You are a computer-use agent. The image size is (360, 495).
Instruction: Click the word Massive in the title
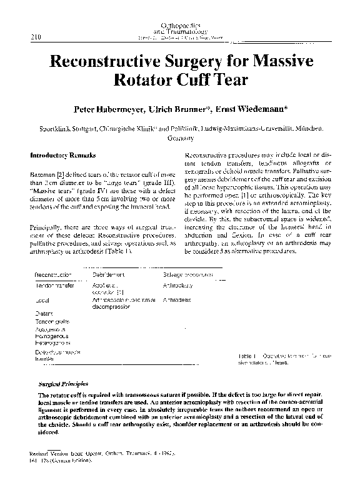point(266,62)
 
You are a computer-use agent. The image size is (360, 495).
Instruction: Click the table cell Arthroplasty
point(177,267)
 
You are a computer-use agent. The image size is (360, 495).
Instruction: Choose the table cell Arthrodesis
point(176,301)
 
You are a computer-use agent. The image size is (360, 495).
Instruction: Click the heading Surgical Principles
point(63,384)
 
